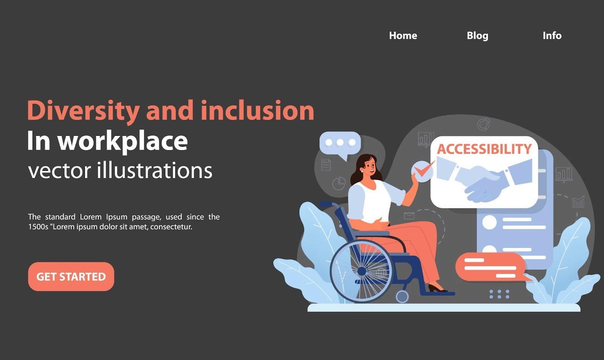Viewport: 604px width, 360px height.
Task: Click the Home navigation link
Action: pyautogui.click(x=403, y=35)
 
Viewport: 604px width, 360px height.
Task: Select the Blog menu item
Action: pyautogui.click(x=477, y=35)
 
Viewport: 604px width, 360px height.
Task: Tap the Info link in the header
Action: pyautogui.click(x=552, y=35)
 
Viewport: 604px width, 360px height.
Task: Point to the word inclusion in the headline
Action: pyautogui.click(x=257, y=111)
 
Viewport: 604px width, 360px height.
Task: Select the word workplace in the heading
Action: pyautogui.click(x=122, y=141)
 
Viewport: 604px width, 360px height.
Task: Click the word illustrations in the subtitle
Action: pyautogui.click(x=154, y=171)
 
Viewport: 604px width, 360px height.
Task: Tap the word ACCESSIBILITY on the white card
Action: pyautogui.click(x=484, y=149)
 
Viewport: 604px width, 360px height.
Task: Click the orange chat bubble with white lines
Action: pyautogui.click(x=490, y=267)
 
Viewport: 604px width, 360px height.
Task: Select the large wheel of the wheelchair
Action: pyautogui.click(x=361, y=271)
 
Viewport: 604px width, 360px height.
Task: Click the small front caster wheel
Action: pyautogui.click(x=402, y=297)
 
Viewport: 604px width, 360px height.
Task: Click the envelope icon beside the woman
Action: pyautogui.click(x=409, y=216)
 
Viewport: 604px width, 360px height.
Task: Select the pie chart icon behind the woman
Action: pyautogui.click(x=339, y=184)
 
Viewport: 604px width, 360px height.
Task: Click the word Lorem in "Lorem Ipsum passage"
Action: pyautogui.click(x=91, y=217)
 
